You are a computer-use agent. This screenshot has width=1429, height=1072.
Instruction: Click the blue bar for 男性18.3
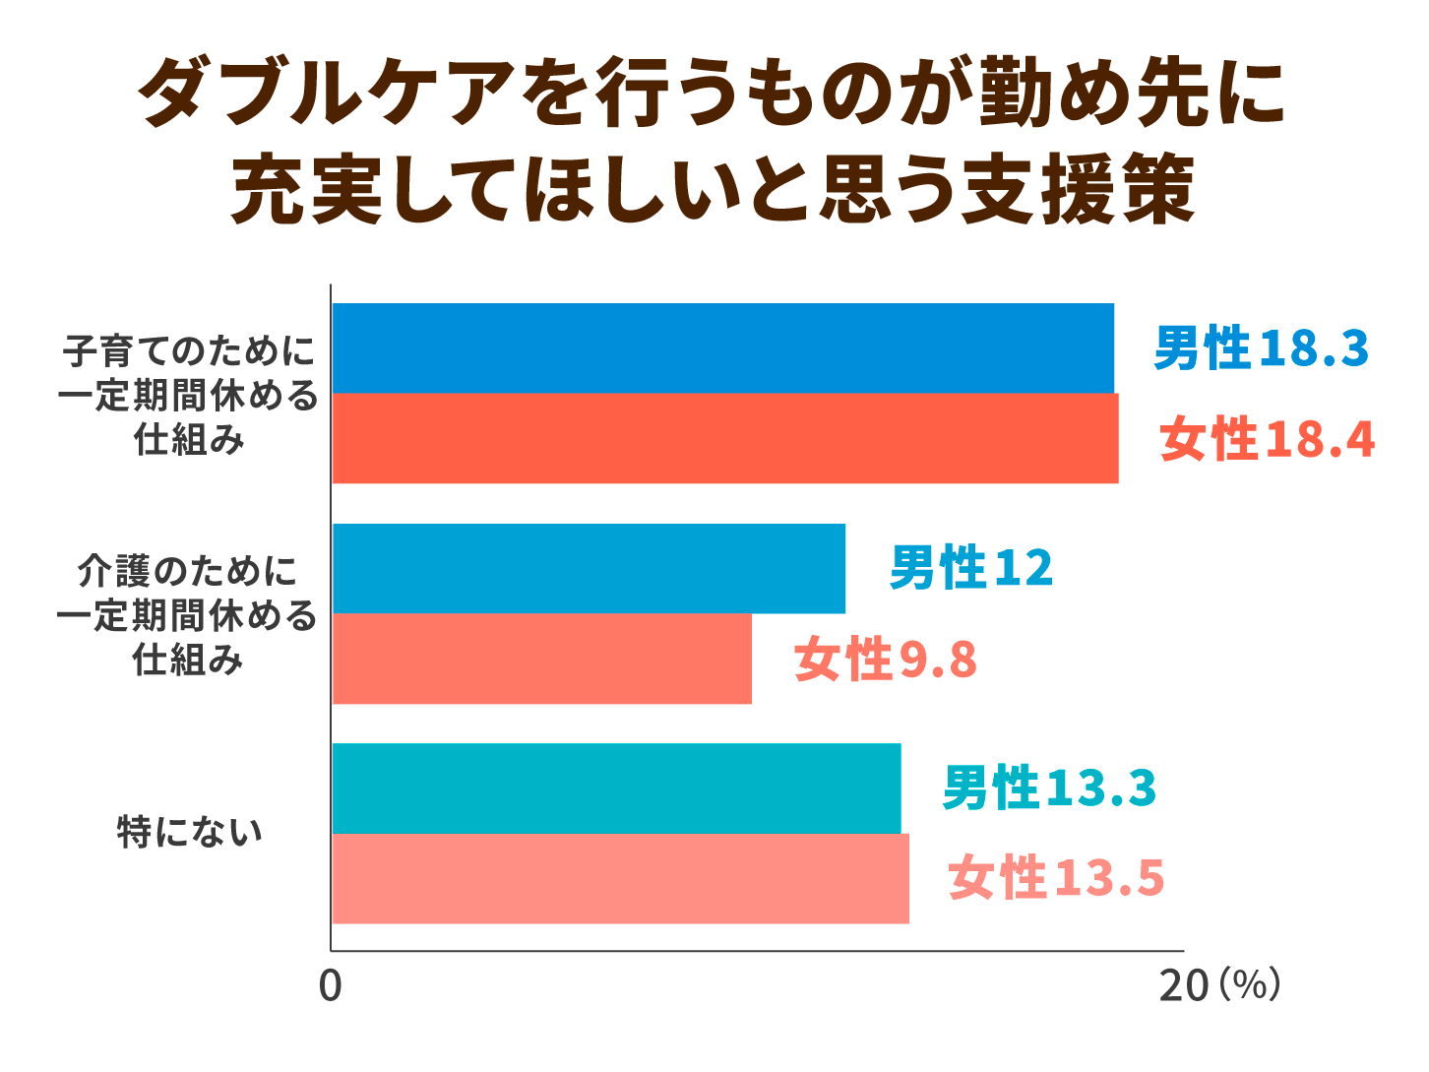723,347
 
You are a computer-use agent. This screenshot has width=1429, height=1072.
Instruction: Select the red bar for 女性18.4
725,438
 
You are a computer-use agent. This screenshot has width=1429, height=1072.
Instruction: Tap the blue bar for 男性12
589,568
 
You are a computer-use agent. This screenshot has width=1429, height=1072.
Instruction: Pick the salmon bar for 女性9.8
542,659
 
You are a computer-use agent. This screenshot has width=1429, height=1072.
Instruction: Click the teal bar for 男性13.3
617,788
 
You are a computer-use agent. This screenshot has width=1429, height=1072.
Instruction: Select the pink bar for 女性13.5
621,878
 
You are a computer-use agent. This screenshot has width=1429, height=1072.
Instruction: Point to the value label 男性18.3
1261,348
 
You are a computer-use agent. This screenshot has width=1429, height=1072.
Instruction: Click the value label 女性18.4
1267,439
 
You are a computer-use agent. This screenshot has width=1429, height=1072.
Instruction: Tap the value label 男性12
970,568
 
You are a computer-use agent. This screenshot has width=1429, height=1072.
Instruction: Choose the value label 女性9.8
885,660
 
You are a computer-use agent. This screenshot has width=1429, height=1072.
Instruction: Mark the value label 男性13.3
1049,788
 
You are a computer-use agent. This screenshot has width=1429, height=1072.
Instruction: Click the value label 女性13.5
1056,878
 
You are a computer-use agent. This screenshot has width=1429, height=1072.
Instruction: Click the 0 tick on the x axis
331,985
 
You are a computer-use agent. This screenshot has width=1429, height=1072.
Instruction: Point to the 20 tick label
1184,985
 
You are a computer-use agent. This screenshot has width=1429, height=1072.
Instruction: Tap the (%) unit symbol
1250,983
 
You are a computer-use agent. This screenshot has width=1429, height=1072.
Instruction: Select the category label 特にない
190,833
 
